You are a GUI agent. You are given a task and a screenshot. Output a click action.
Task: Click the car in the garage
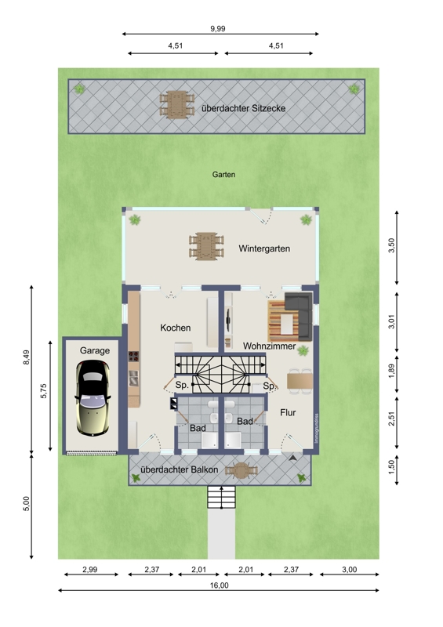93,398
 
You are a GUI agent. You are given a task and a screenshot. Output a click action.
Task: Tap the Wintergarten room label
264,248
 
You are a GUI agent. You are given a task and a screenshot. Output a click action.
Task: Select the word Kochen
176,328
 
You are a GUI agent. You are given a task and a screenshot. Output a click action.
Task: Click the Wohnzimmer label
269,346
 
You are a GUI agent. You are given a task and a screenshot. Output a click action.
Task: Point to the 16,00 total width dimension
220,585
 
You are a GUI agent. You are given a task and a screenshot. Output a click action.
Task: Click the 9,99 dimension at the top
218,29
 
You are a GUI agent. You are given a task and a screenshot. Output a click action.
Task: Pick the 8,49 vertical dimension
27,357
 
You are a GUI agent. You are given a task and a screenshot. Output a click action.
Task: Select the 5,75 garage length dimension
44,391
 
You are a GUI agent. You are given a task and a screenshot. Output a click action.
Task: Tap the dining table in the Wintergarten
206,246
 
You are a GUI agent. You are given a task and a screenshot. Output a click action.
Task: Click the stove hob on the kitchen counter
133,357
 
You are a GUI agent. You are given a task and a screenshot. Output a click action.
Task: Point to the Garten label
223,174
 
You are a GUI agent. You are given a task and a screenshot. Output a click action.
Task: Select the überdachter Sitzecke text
243,108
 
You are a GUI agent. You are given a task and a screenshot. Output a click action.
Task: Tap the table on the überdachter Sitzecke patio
177,104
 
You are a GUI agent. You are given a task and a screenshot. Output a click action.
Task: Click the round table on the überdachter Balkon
241,471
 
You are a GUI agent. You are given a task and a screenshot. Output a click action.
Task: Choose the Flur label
288,412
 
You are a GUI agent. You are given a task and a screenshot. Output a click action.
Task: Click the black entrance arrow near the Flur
293,458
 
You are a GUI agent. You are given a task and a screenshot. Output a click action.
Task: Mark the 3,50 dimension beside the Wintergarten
391,245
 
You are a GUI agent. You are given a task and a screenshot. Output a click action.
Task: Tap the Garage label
94,350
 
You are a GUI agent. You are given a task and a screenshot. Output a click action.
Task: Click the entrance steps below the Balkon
221,497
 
